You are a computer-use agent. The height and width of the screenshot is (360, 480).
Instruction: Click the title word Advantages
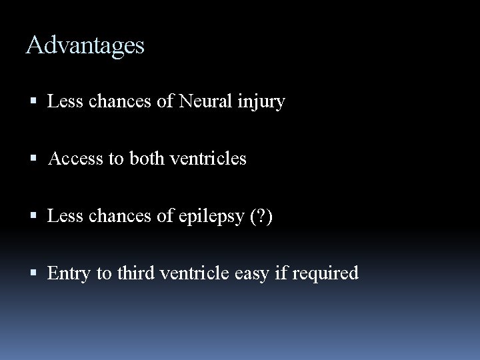(85, 46)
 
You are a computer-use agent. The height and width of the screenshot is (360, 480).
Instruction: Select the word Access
(71, 159)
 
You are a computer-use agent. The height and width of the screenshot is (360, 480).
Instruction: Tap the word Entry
(65, 273)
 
